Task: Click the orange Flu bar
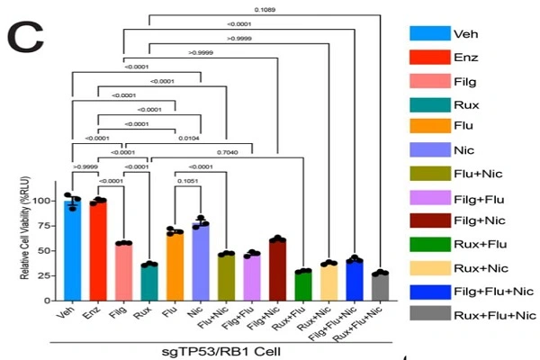[x=175, y=266]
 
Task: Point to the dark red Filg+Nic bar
[x=278, y=269]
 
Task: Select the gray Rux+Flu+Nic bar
[x=381, y=286]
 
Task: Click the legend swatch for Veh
[x=430, y=32]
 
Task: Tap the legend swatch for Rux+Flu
[x=430, y=243]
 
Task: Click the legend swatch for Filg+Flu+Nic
[x=430, y=290]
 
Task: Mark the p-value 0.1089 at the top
[x=265, y=9]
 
